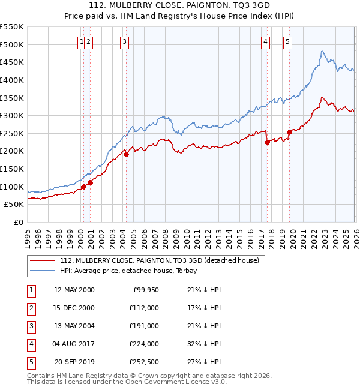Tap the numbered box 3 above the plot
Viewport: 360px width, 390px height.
(x=124, y=41)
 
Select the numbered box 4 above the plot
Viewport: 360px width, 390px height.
(x=265, y=41)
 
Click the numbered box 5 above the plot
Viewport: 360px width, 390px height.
(x=288, y=41)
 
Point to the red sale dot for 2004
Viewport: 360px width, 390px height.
(x=127, y=154)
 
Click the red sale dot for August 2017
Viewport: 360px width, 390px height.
(x=267, y=143)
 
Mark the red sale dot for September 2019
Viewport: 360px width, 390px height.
(x=289, y=132)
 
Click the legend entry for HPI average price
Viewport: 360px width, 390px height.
(x=132, y=271)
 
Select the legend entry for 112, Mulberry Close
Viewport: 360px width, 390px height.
(x=159, y=260)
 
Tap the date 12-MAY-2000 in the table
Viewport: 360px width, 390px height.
(x=74, y=290)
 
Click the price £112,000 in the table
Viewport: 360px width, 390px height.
(x=144, y=308)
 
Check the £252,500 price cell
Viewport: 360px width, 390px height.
(x=144, y=362)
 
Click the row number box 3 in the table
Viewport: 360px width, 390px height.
(x=31, y=326)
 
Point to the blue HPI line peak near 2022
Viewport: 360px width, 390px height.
(x=322, y=52)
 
